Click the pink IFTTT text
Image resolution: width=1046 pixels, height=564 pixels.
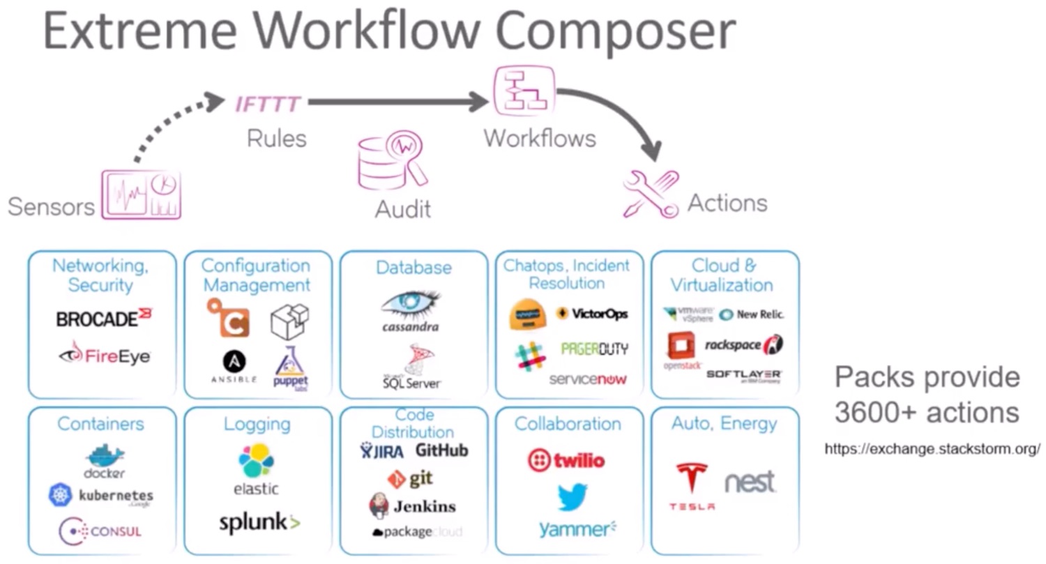[x=268, y=105]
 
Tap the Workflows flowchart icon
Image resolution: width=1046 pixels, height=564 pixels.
[x=524, y=91]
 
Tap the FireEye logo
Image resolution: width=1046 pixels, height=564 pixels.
[x=105, y=356]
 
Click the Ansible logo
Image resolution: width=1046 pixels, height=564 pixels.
[x=234, y=367]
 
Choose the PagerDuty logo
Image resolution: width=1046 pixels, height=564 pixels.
[x=593, y=349]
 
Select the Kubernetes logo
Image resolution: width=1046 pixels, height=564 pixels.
[x=100, y=496]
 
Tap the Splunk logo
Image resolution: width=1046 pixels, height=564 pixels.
[x=259, y=523]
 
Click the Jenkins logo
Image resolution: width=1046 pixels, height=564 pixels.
[x=412, y=506]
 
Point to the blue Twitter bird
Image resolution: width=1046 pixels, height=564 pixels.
[x=572, y=496]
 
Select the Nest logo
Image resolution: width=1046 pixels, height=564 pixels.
[x=750, y=482]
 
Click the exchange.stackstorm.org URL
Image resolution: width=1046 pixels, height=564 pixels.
[x=932, y=449]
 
